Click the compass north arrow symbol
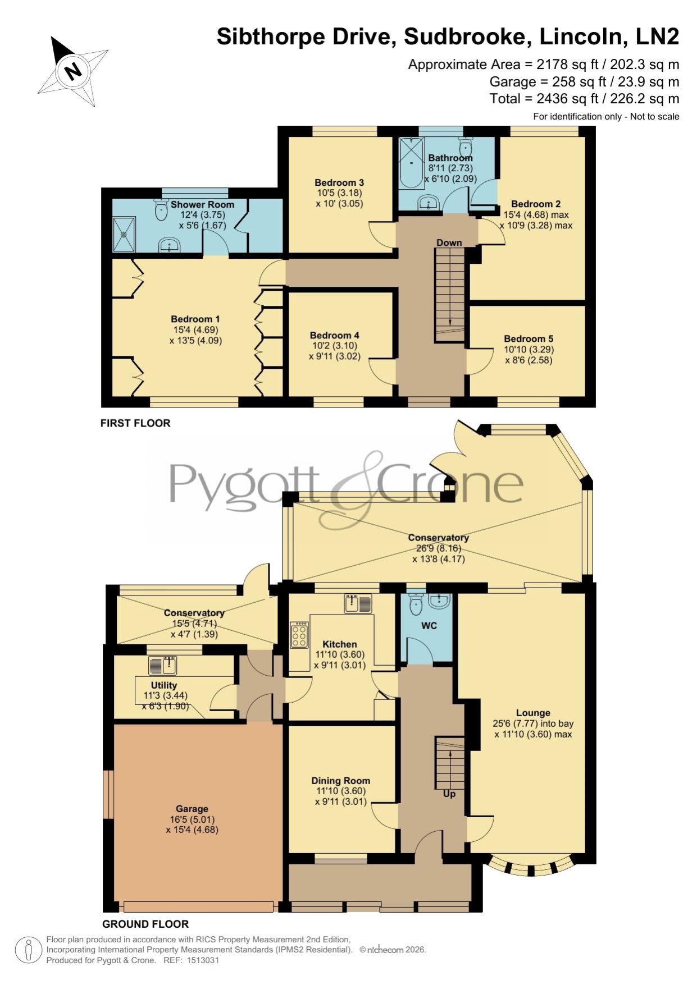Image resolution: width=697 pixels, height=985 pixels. tap(72, 71)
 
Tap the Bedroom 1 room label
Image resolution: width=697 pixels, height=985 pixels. tap(195, 319)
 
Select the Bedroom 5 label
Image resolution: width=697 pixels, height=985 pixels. tap(529, 338)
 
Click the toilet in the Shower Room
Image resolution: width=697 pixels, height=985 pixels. tap(161, 210)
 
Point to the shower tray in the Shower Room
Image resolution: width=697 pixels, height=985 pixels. tap(124, 234)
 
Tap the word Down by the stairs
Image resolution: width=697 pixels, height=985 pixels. tap(449, 242)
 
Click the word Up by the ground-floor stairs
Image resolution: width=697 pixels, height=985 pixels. tap(449, 794)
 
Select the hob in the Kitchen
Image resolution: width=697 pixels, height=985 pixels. tap(299, 635)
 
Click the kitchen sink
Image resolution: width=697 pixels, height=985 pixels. tap(358, 603)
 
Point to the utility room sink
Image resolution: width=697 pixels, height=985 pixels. tap(163, 665)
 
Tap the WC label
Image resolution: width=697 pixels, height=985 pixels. tap(429, 625)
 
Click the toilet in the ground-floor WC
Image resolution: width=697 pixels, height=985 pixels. tap(416, 603)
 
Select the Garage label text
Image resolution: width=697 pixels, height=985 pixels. tap(192, 809)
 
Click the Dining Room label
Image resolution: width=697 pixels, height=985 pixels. tap(341, 781)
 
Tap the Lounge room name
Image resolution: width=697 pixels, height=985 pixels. tap(534, 713)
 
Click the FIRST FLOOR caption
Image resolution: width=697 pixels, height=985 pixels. tap(135, 423)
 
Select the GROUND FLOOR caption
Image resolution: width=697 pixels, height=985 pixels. tap(145, 924)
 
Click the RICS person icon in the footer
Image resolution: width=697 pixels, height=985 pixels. tap(28, 950)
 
